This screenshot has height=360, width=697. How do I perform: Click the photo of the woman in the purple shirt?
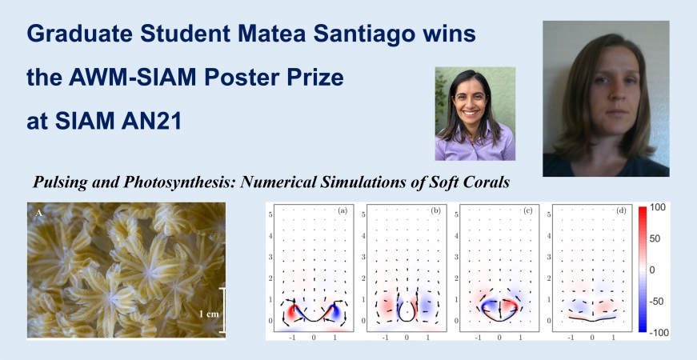click(x=475, y=114)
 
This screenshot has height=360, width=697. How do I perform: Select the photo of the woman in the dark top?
click(x=606, y=98)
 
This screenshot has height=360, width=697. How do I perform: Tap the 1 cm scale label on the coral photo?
click(x=209, y=314)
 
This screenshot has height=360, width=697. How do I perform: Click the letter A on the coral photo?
click(x=39, y=214)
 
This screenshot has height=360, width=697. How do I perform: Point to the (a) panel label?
click(x=342, y=210)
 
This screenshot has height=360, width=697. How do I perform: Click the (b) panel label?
click(x=435, y=210)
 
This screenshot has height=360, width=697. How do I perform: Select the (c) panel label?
click(x=528, y=210)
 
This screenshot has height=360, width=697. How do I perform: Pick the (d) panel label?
click(x=621, y=210)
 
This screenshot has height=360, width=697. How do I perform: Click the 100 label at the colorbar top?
click(x=658, y=207)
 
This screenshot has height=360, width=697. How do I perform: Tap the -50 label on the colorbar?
click(x=656, y=302)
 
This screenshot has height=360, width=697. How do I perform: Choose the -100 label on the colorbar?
click(x=658, y=333)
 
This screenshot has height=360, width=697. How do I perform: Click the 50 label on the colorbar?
click(x=655, y=238)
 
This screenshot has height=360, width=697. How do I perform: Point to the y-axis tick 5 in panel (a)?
click(x=270, y=214)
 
